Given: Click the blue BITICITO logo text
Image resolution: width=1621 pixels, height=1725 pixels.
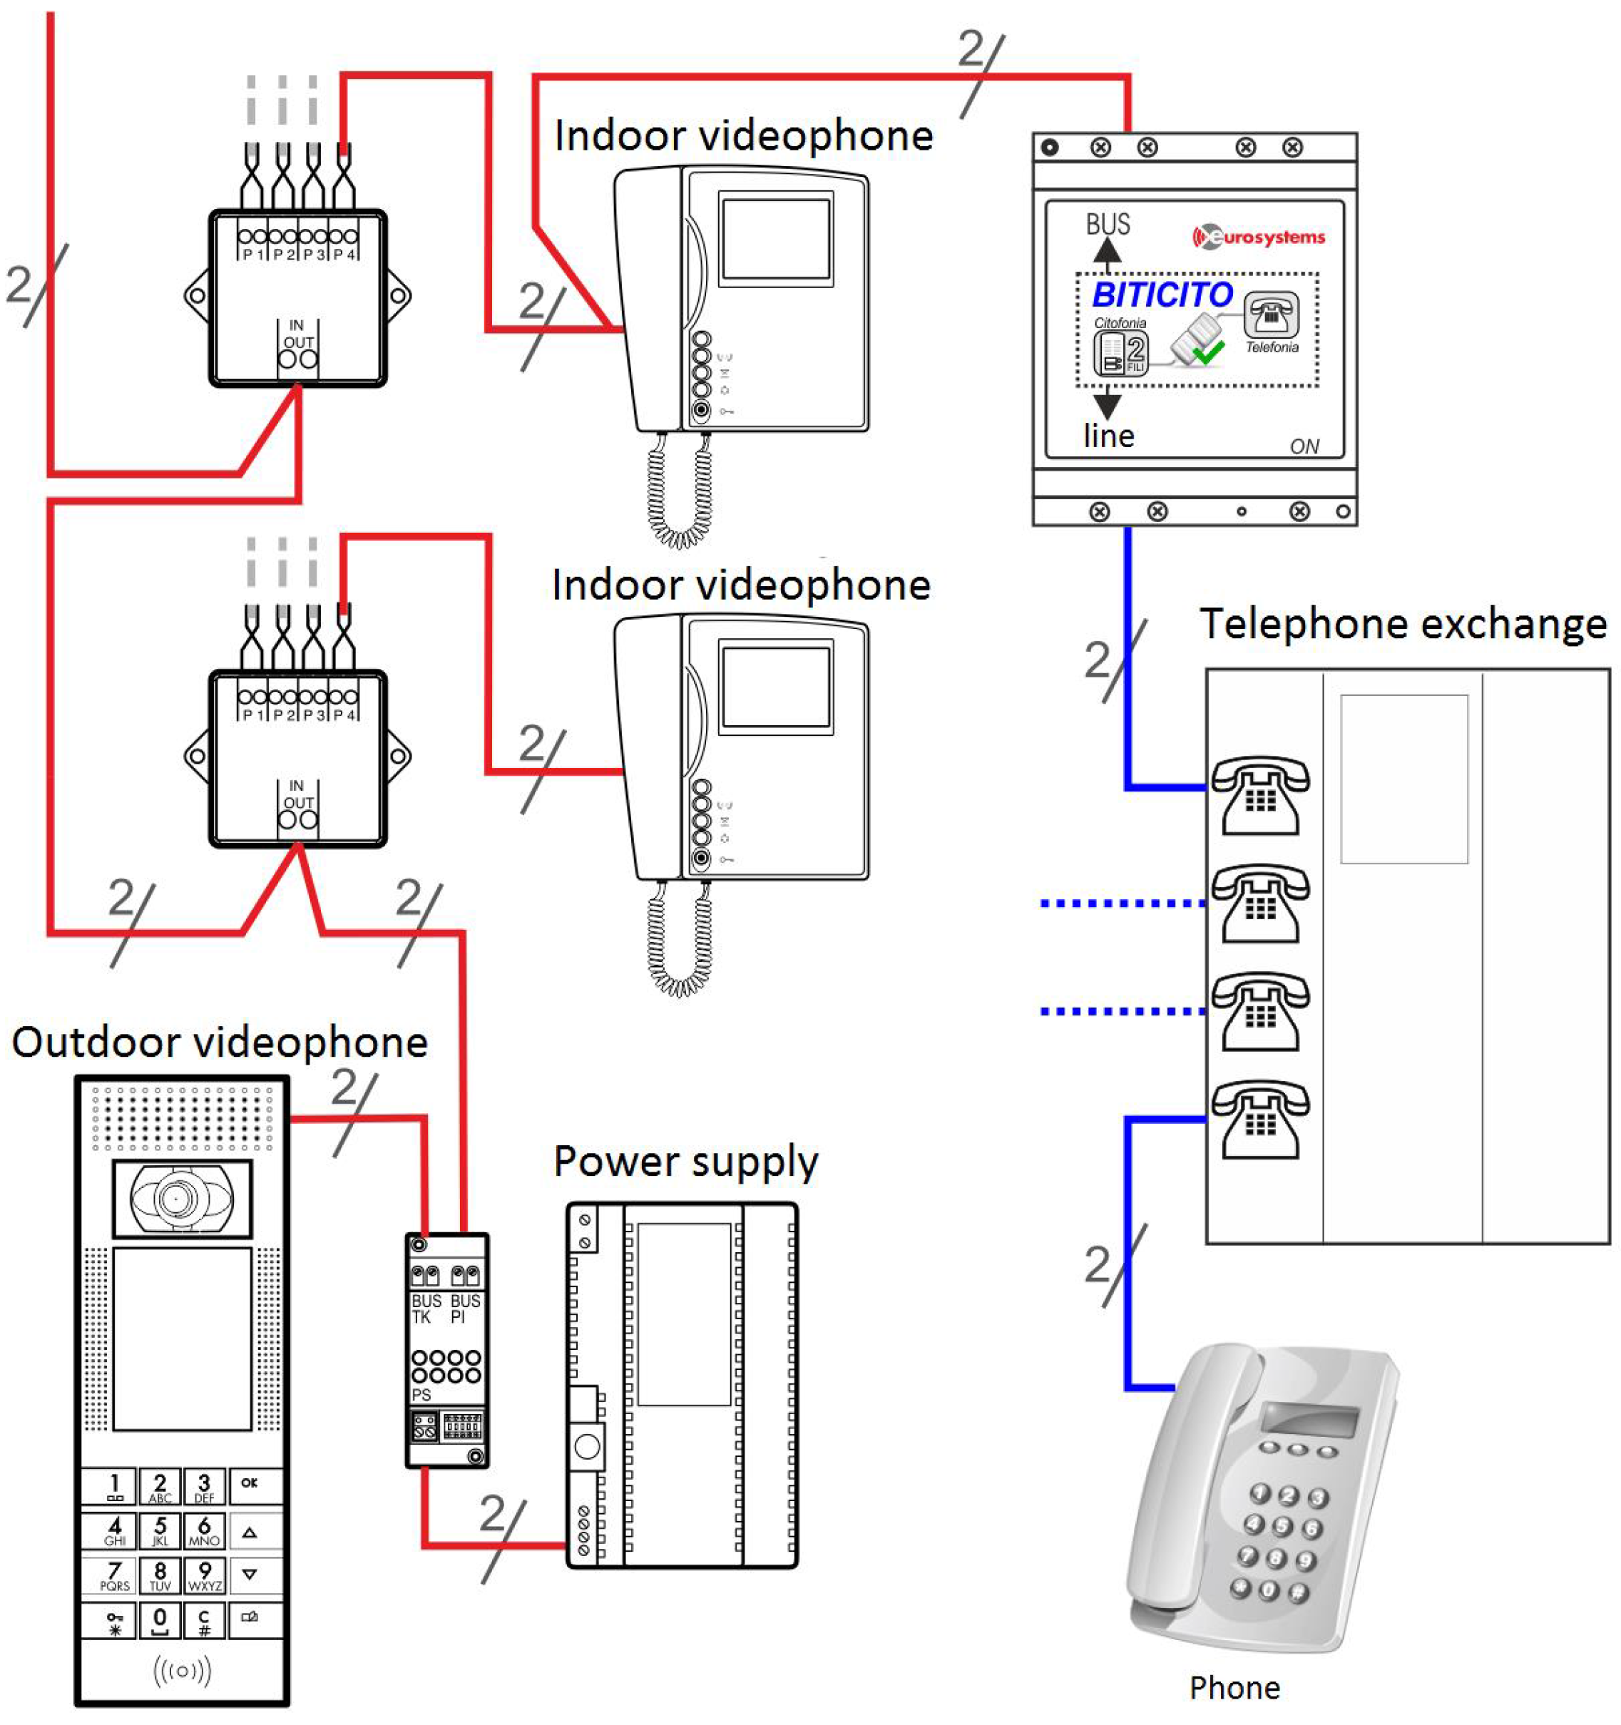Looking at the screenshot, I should (1161, 295).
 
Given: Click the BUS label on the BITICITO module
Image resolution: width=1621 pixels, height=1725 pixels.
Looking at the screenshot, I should (1108, 225).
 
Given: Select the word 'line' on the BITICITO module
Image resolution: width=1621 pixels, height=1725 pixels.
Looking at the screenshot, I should (1108, 436).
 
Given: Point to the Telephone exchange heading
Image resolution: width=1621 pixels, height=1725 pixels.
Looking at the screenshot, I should (1402, 625).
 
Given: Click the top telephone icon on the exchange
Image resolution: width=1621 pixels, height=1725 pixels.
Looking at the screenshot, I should (1260, 795).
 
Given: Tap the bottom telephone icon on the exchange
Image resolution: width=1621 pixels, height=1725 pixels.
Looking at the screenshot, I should (1260, 1120).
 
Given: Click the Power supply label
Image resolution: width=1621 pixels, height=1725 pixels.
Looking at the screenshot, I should (685, 1162).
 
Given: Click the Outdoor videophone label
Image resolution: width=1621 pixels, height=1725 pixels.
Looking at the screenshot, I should (220, 1042).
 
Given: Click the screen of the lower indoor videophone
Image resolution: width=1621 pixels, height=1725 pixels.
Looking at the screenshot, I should (776, 687).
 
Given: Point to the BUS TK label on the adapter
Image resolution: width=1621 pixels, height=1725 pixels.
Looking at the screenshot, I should (425, 1309).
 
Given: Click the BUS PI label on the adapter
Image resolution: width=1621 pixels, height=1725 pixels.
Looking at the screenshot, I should (464, 1309).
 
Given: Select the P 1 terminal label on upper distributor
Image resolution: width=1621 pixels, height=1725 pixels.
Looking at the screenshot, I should (252, 255).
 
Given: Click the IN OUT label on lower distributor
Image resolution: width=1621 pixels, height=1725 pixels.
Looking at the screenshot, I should (297, 794).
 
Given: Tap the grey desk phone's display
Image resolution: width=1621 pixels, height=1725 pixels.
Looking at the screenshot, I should (1309, 1421).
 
